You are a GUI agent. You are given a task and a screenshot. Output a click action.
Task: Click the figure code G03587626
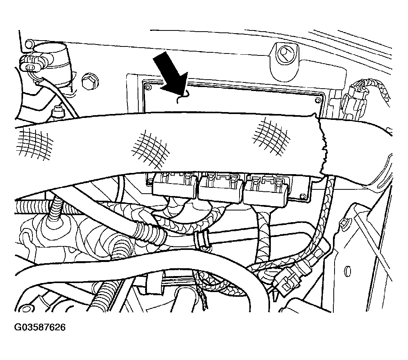pos(40,327)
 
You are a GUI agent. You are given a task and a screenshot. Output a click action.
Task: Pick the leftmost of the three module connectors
pos(175,185)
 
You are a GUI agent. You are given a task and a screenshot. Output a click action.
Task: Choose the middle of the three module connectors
pos(221,188)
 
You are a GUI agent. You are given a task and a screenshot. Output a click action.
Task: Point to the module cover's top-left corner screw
pos(149,87)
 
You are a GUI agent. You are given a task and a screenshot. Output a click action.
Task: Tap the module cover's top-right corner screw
pos(317,101)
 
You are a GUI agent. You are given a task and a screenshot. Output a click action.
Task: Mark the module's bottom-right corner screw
pos(302,196)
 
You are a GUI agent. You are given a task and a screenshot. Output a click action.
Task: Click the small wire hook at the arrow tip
pos(181,98)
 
